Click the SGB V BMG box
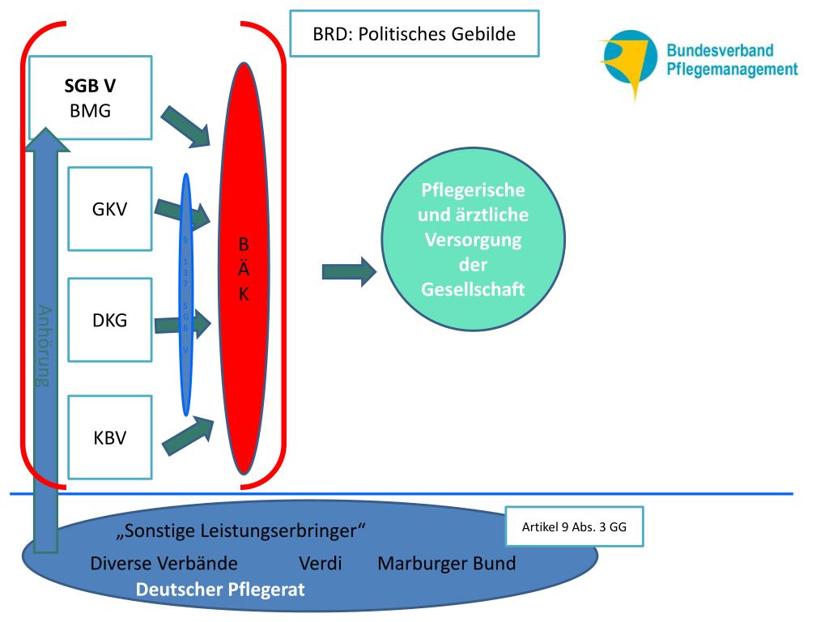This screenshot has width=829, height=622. point(90,98)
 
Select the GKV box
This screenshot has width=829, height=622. point(109,209)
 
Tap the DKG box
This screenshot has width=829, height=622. point(109,320)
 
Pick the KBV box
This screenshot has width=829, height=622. point(109,437)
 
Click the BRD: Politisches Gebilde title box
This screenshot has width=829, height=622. point(414,34)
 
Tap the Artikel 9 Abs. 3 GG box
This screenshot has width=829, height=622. point(574,527)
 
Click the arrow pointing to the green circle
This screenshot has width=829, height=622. point(349,271)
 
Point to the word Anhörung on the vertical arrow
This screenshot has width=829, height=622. point(45,346)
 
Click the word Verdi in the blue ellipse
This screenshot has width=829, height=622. point(320,564)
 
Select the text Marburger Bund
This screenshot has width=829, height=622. point(446,564)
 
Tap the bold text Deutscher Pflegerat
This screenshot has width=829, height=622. point(220,590)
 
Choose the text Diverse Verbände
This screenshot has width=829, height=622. point(164,564)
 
